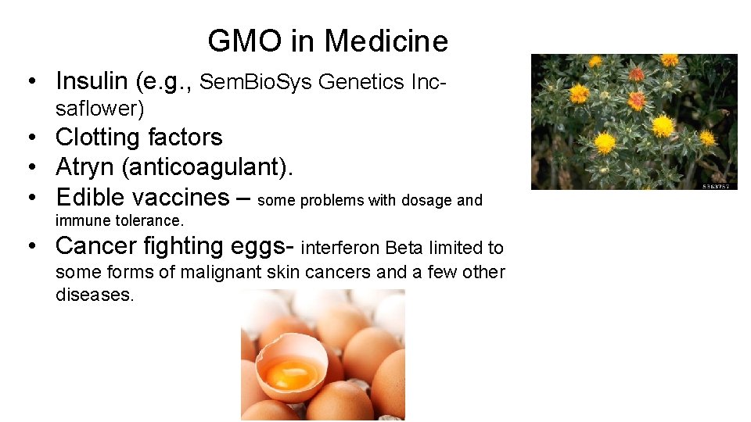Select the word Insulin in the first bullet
[x=92, y=80]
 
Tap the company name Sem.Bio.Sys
[x=255, y=81]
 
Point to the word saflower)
[x=100, y=109]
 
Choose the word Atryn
[x=85, y=166]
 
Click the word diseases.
[x=95, y=295]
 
